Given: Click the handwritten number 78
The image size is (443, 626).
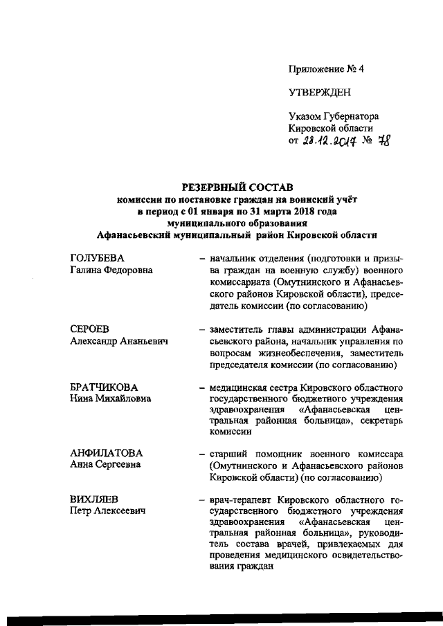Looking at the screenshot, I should coord(381,141).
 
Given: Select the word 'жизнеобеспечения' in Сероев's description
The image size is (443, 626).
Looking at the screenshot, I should coord(289,353).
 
